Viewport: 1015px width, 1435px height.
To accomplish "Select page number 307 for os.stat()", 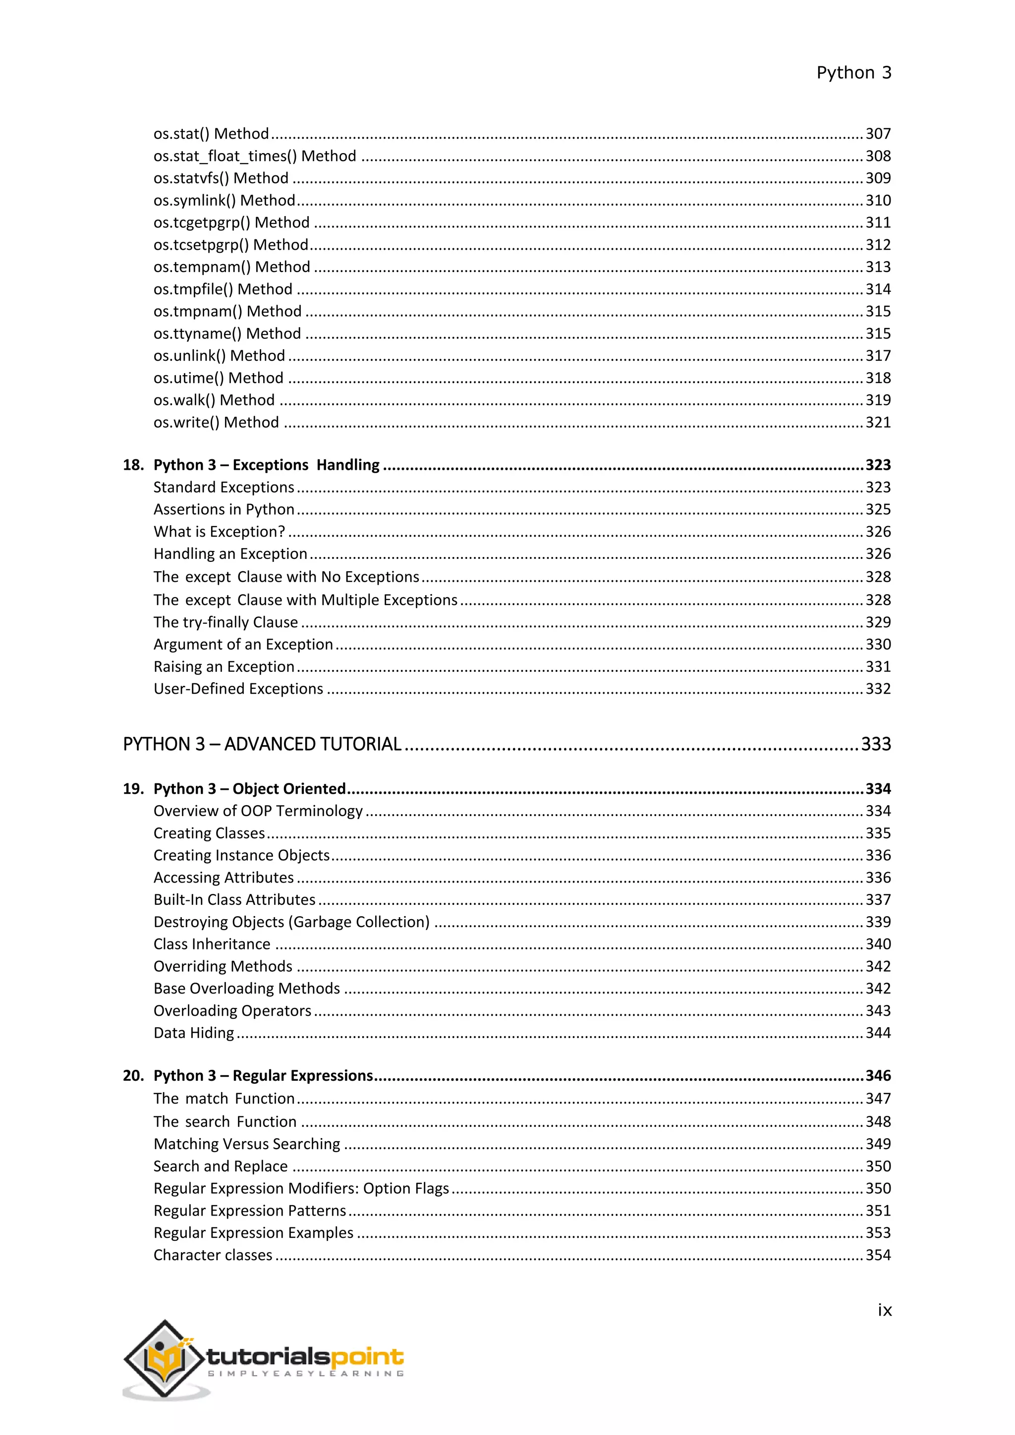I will [878, 134].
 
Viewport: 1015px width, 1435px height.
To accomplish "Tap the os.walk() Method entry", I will [214, 400].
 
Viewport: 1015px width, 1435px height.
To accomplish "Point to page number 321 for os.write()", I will [878, 423].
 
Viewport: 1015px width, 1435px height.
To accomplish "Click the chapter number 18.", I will [132, 465].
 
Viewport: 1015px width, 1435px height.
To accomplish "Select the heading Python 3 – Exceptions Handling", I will [266, 465].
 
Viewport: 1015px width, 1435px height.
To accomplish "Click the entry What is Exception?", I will [219, 532].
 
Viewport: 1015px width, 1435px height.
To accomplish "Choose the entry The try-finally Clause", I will [226, 622].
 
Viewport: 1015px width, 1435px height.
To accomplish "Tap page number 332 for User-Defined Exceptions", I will [878, 689].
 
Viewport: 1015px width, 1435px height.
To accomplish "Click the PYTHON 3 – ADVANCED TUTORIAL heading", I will [262, 744].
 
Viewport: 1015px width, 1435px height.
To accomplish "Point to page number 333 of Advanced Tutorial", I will [876, 744].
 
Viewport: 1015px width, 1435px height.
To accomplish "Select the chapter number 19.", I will [132, 789].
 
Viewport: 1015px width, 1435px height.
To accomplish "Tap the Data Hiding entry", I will [194, 1033].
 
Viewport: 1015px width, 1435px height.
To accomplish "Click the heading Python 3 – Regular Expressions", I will [263, 1076].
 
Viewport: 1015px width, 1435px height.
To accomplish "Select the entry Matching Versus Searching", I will [247, 1144].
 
